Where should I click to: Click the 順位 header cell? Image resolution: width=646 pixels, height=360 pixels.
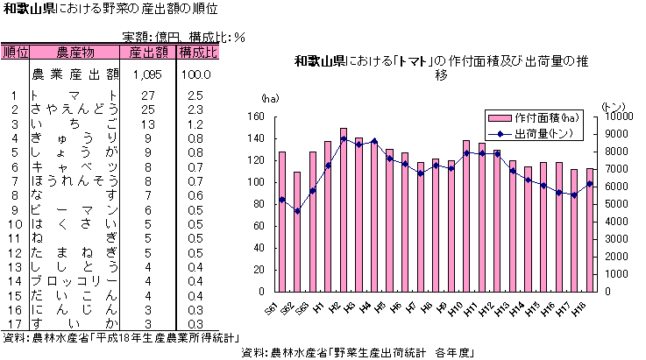coord(16,53)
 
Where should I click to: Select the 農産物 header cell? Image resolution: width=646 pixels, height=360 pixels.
coord(75,53)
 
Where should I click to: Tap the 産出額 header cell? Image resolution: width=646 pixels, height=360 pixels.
coord(147,53)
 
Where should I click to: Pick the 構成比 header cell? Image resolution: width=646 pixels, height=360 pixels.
coord(198,53)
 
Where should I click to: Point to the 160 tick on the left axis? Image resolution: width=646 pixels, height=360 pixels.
coord(255,116)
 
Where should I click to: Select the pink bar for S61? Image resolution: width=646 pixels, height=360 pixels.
coord(281,222)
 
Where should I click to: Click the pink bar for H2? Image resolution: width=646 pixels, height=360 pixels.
coord(343,210)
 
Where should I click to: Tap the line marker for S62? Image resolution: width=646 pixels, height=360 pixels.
coord(297,211)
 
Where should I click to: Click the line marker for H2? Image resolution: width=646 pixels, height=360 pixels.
coord(344,139)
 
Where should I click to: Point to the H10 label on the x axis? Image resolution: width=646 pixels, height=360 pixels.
coord(455,308)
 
